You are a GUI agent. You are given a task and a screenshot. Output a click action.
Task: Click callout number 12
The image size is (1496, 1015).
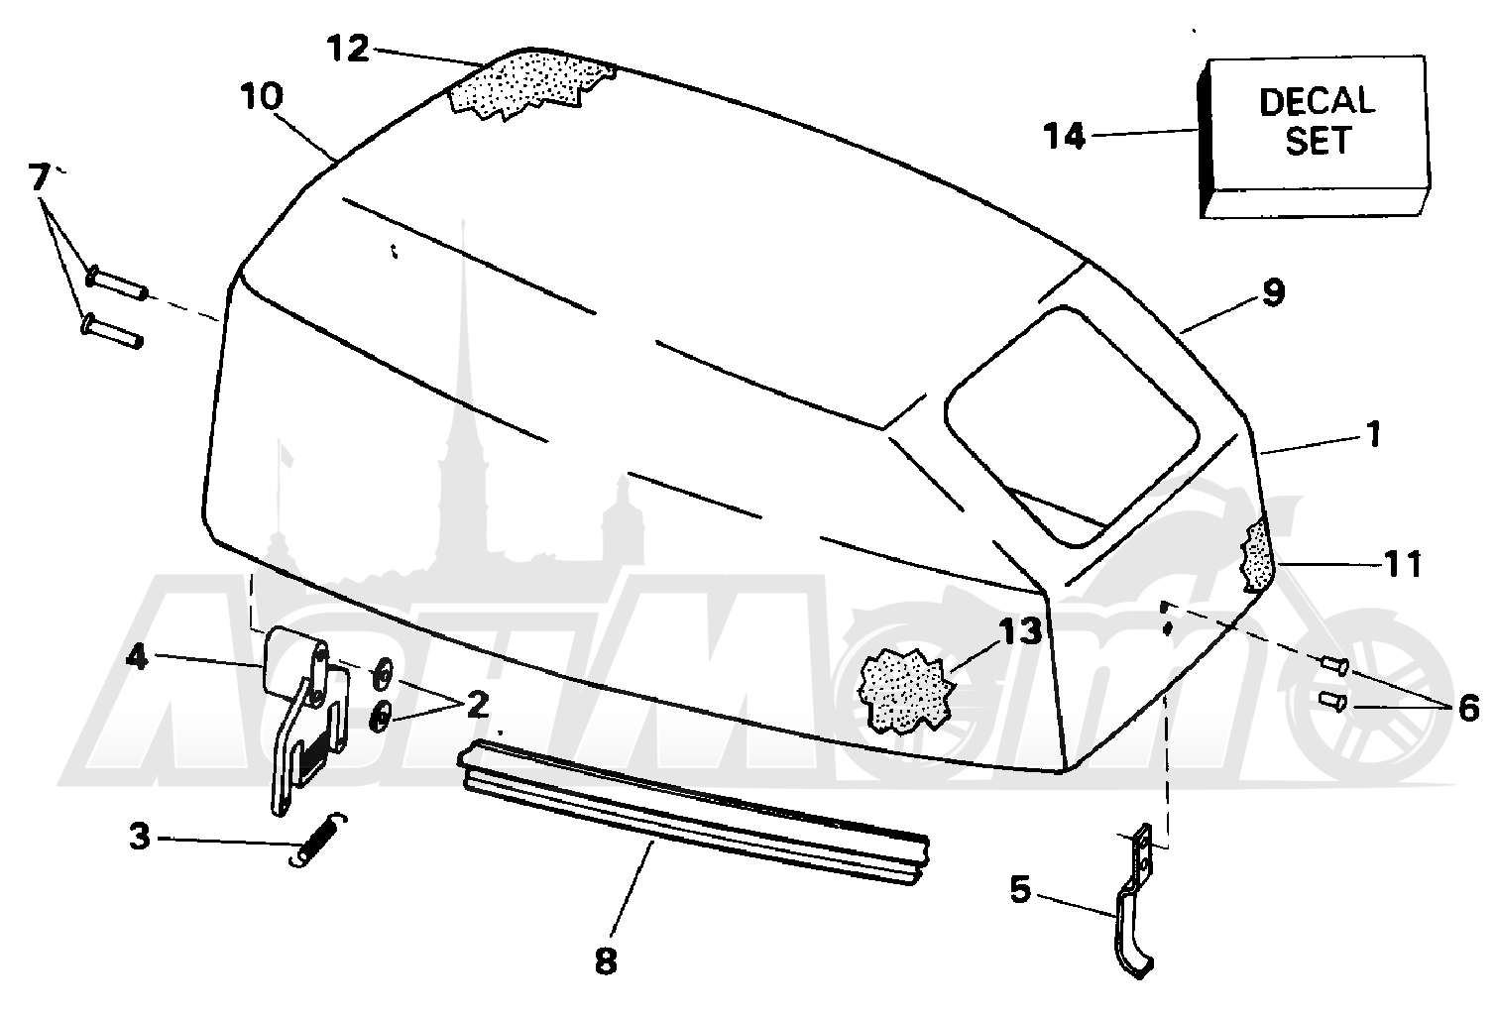coord(348,50)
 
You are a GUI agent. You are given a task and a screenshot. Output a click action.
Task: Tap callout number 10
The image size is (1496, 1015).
coord(263,97)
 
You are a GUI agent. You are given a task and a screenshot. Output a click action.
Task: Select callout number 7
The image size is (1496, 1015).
coord(39,176)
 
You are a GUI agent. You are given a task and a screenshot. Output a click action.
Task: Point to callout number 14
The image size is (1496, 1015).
coord(1065,137)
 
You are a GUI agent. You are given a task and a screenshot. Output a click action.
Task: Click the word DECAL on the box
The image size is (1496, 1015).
coord(1317,101)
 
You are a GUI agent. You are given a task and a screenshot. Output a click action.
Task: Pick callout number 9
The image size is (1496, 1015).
coord(1274,293)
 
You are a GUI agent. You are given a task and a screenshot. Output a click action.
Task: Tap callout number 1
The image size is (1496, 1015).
coord(1373,435)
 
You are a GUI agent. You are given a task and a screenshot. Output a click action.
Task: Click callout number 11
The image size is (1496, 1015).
coord(1403,565)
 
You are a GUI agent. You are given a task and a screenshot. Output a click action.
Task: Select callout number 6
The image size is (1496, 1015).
coord(1468,709)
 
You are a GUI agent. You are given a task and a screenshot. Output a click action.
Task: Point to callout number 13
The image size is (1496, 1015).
coord(1019,631)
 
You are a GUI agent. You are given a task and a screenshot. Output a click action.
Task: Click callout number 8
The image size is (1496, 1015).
coord(605,962)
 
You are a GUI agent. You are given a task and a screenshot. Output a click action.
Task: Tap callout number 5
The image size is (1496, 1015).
coord(1020,890)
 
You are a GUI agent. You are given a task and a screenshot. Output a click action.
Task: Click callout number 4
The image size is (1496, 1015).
coord(136,658)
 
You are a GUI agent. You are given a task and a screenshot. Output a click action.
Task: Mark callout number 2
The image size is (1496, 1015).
coord(478,705)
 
